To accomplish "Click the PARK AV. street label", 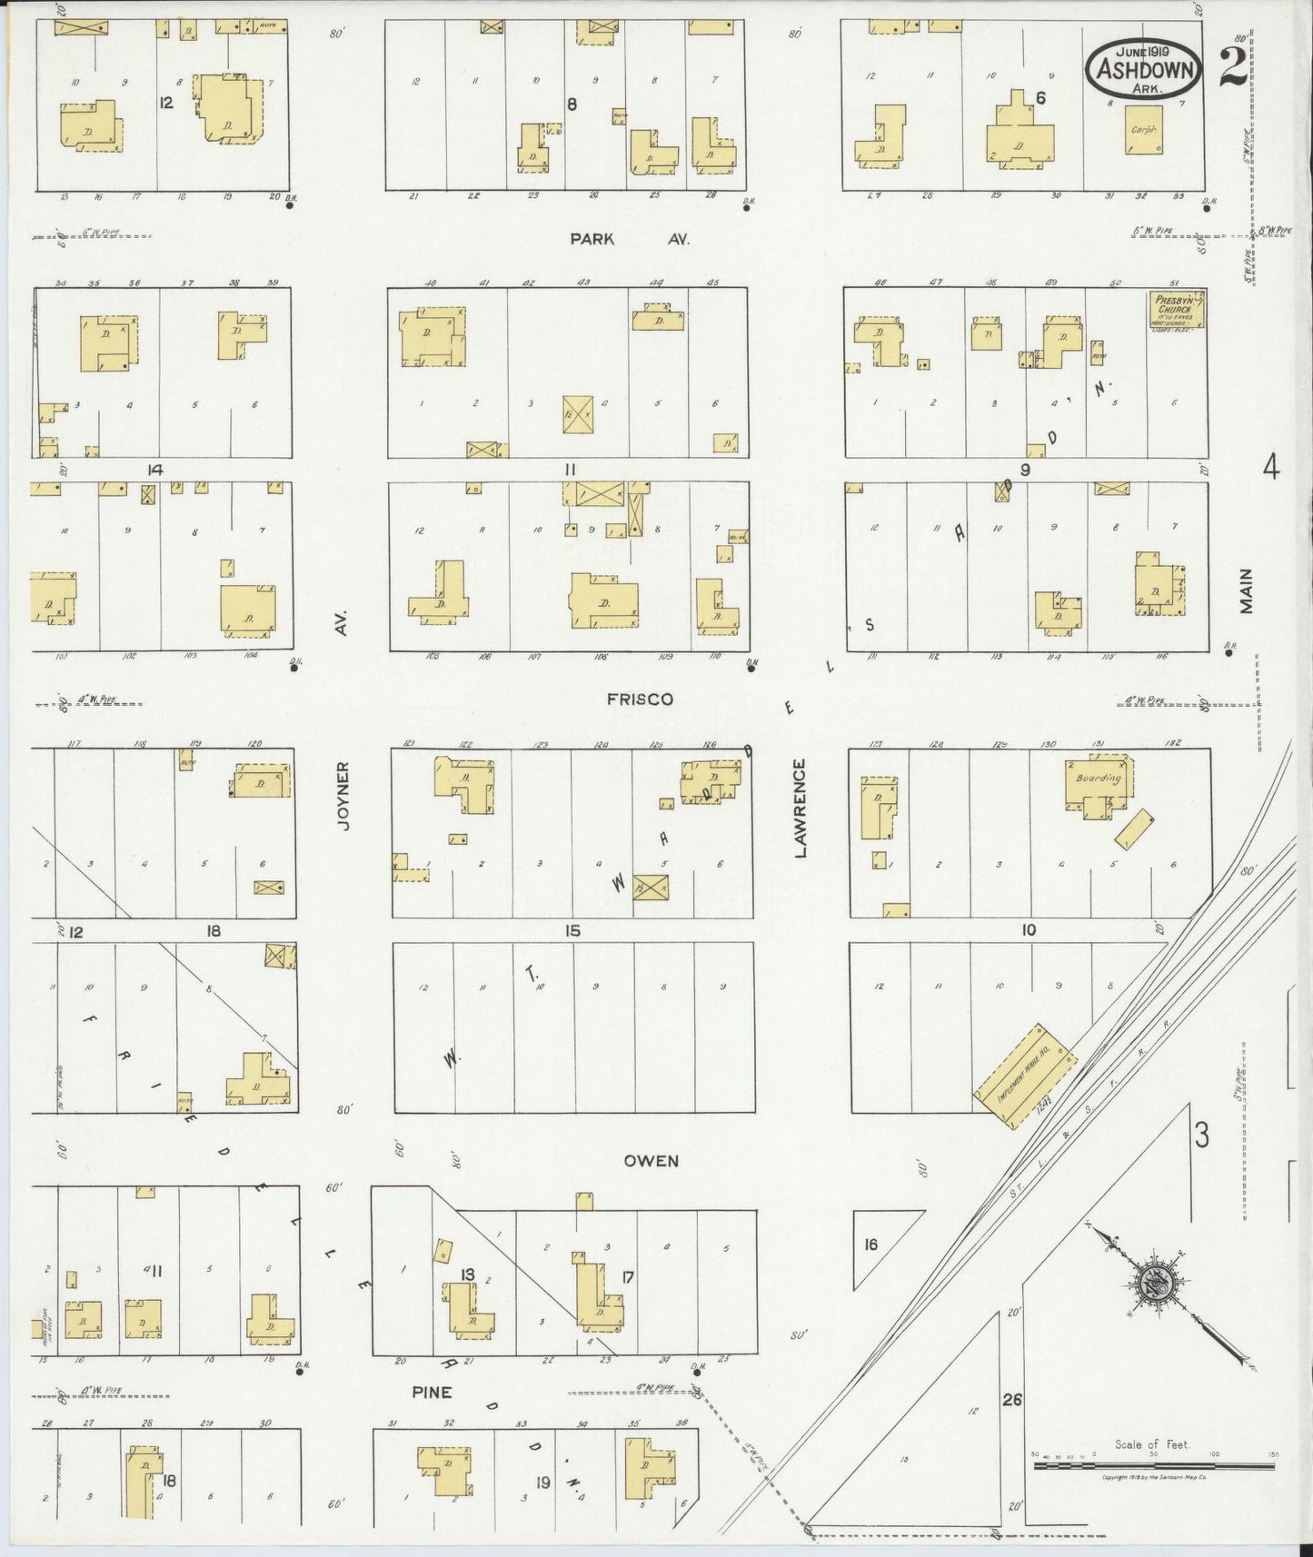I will click(630, 239).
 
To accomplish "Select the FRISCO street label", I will click(640, 699).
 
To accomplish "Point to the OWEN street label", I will click(652, 1160).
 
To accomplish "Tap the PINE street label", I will click(432, 1392).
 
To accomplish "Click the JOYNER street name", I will click(343, 797).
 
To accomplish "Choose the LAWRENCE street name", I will click(800, 808).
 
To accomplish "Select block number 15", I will click(572, 931).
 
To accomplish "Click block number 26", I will click(1012, 1400).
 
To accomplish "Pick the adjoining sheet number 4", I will click(1270, 469).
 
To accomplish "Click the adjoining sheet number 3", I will click(1201, 1136).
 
